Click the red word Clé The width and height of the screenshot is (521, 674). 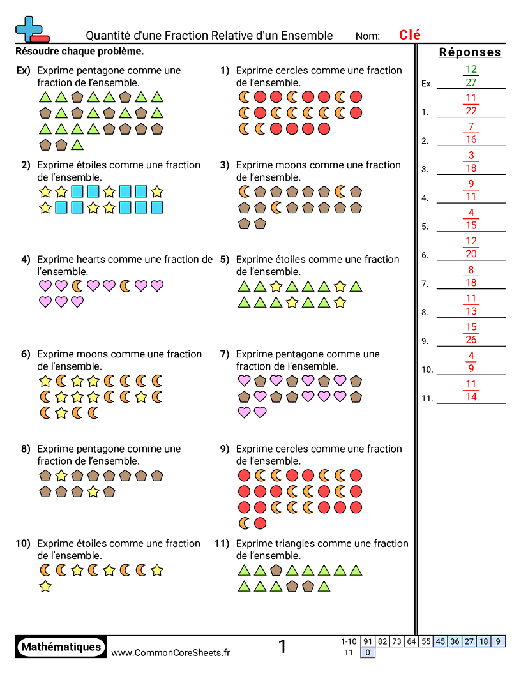click(409, 35)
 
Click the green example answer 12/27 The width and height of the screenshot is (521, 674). click(471, 76)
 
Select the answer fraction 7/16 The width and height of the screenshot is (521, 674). click(471, 133)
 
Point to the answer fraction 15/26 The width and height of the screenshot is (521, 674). click(471, 333)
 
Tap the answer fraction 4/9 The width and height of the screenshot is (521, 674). click(471, 362)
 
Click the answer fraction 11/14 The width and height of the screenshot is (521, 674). click(471, 391)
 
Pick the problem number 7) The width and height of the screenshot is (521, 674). click(225, 354)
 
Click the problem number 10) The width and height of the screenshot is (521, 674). click(23, 544)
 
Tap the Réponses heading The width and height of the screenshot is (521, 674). click(471, 52)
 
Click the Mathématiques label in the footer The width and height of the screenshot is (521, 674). click(61, 647)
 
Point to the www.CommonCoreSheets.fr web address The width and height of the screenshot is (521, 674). click(170, 652)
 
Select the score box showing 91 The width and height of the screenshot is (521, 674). click(368, 641)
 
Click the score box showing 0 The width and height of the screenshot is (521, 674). click(368, 652)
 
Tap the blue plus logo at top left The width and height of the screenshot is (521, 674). click(29, 29)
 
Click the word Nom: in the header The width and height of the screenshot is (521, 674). click(368, 36)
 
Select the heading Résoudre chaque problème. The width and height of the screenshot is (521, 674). click(79, 50)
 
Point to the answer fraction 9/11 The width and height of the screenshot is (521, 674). click(471, 190)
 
